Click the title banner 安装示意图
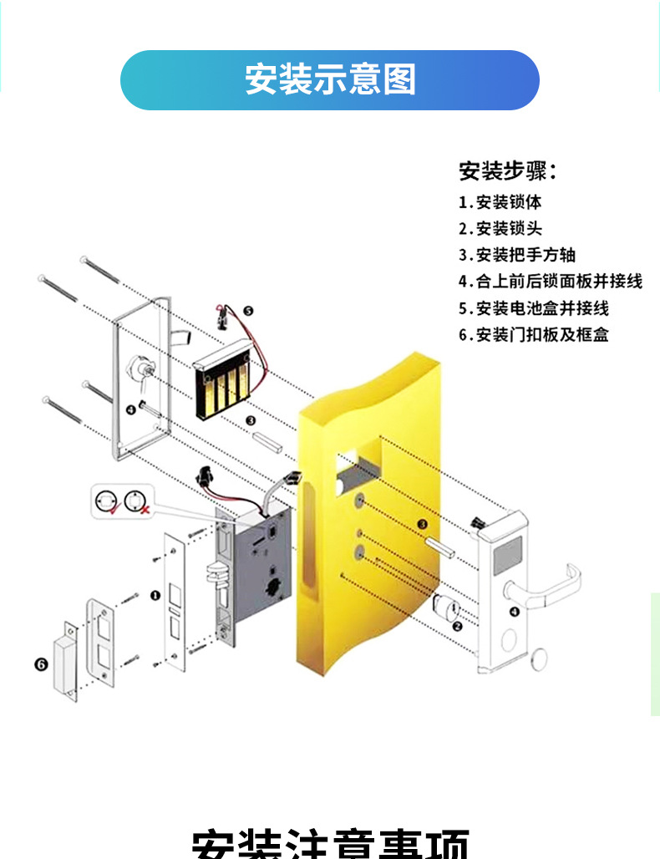(330, 80)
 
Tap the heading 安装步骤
(506, 171)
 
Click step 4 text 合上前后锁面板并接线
(550, 282)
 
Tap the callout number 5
(247, 311)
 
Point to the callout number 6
(40, 664)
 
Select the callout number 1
(154, 596)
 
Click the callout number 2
(457, 626)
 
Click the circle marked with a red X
(135, 502)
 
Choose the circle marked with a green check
(106, 502)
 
